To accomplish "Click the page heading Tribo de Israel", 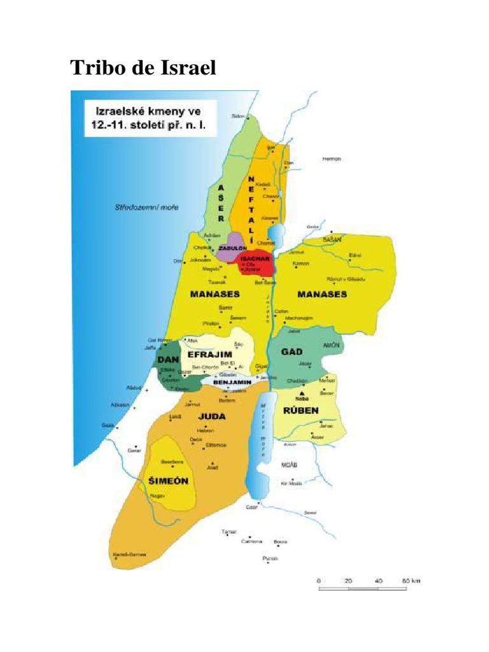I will (x=143, y=67).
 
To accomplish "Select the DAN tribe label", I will (x=166, y=360).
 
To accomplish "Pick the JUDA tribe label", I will (x=212, y=416).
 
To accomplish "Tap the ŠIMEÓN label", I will (x=168, y=481).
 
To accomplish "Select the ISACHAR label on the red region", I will (x=254, y=259).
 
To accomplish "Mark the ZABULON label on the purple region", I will (x=232, y=248).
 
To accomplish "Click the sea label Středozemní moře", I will (x=138, y=208).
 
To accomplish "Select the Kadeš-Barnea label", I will (x=130, y=555).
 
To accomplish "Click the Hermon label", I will (x=332, y=159).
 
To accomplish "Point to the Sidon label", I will (x=238, y=116).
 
